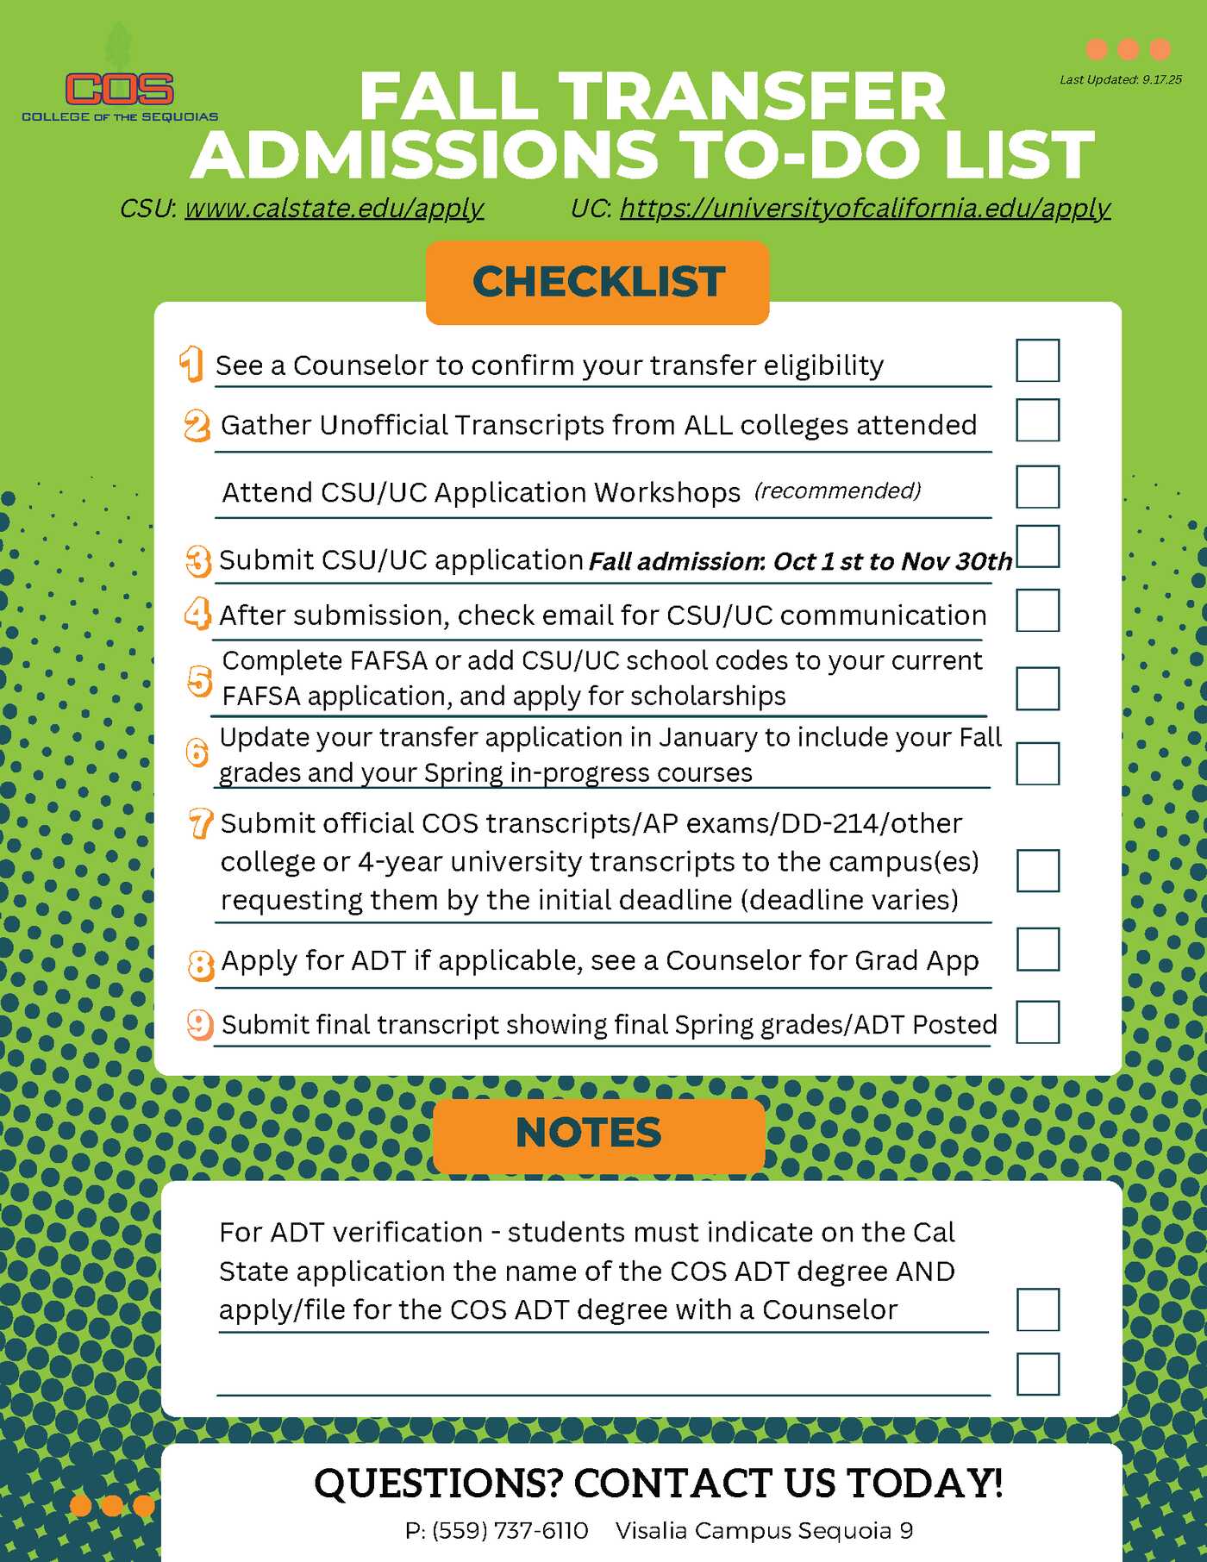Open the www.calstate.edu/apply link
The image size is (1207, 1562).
point(334,209)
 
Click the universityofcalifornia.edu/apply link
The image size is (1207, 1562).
point(865,209)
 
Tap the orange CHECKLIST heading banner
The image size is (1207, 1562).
point(597,283)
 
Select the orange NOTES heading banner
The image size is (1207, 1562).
point(598,1134)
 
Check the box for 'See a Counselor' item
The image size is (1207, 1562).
point(1037,360)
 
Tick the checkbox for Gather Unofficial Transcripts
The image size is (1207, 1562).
point(1037,420)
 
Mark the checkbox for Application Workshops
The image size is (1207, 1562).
point(1037,487)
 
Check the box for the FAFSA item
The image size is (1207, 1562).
point(1037,688)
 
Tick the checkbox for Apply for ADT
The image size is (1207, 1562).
point(1037,949)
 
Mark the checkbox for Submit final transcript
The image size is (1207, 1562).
point(1037,1022)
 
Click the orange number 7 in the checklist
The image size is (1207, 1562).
point(200,823)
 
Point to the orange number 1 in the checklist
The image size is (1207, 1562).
point(191,364)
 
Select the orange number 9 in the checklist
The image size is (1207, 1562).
point(200,1024)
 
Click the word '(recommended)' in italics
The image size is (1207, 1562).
point(837,490)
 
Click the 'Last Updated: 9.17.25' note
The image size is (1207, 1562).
point(1120,79)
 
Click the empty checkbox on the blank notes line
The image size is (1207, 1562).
point(1037,1373)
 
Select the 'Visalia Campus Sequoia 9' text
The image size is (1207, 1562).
point(764,1530)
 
